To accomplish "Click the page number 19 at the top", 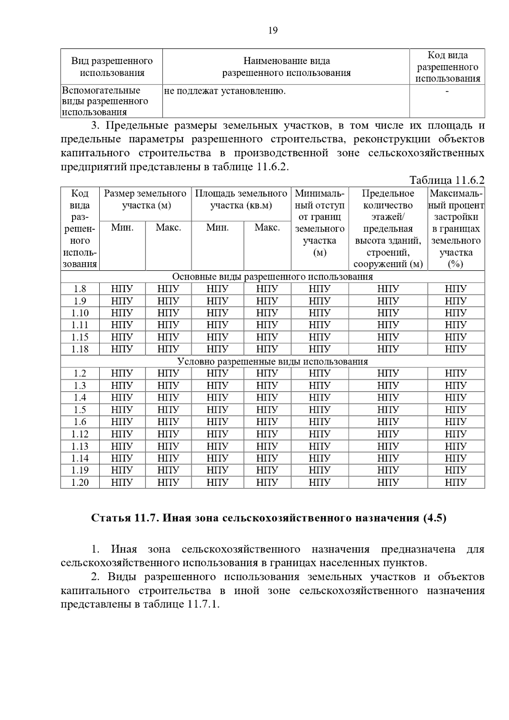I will pyautogui.click(x=273, y=30).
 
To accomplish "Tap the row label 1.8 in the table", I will pyautogui.click(x=80, y=289).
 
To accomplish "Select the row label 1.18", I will pyautogui.click(x=80, y=349).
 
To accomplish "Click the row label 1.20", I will pyautogui.click(x=80, y=482).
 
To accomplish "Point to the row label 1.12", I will pyautogui.click(x=80, y=434).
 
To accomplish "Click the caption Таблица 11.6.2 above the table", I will pyautogui.click(x=447, y=180).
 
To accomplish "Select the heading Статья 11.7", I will pyautogui.click(x=126, y=518).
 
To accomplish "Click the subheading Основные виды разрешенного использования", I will pyautogui.click(x=272, y=277).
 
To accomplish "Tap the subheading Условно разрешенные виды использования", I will pyautogui.click(x=272, y=361).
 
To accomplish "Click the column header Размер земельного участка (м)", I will pyautogui.click(x=145, y=199).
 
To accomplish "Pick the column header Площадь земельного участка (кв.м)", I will pyautogui.click(x=241, y=199).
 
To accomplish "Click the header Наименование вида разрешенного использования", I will pyautogui.click(x=286, y=67).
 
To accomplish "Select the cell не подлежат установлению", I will pyautogui.click(x=225, y=91).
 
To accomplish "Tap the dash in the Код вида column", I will pyautogui.click(x=447, y=91).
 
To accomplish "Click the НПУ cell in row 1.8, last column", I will pyautogui.click(x=456, y=289).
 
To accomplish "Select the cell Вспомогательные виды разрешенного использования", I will pyautogui.click(x=105, y=101).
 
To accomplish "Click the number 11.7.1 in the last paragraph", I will pyautogui.click(x=202, y=604).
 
